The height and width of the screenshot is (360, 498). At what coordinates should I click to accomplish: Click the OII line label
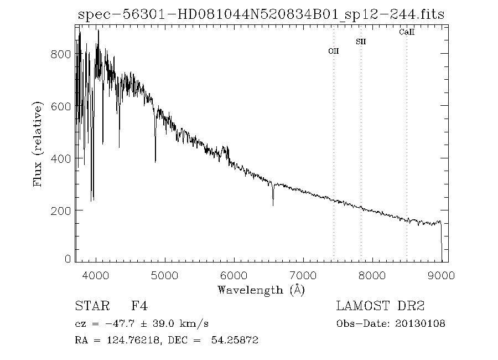[333, 51]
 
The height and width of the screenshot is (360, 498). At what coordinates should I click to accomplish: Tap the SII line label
[361, 42]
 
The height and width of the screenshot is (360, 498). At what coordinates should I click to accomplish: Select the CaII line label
[407, 33]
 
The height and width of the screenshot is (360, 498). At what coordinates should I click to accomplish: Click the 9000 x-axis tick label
[442, 275]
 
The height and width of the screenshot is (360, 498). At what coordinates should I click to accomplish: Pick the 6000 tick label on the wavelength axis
[234, 275]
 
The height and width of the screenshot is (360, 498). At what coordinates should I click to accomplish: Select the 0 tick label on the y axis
[68, 259]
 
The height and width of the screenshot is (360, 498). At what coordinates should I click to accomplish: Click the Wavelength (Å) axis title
[261, 289]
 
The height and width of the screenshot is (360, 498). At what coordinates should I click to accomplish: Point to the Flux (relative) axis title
[38, 144]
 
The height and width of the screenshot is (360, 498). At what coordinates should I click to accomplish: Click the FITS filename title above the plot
[261, 15]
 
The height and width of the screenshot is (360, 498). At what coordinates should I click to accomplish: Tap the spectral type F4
[139, 306]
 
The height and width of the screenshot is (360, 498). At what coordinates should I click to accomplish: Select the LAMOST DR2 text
[380, 306]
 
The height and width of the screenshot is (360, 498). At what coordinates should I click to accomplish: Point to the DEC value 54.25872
[235, 341]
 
